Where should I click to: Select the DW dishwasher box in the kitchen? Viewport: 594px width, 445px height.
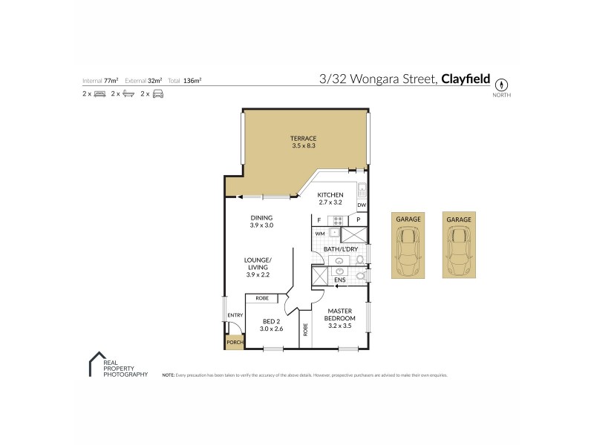(362, 205)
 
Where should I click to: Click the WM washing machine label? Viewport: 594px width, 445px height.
(320, 233)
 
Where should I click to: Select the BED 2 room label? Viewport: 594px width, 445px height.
(272, 325)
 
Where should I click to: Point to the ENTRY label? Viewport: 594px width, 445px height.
(235, 315)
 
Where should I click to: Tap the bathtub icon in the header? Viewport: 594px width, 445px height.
(128, 94)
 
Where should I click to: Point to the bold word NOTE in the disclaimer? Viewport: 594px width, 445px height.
(168, 375)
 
